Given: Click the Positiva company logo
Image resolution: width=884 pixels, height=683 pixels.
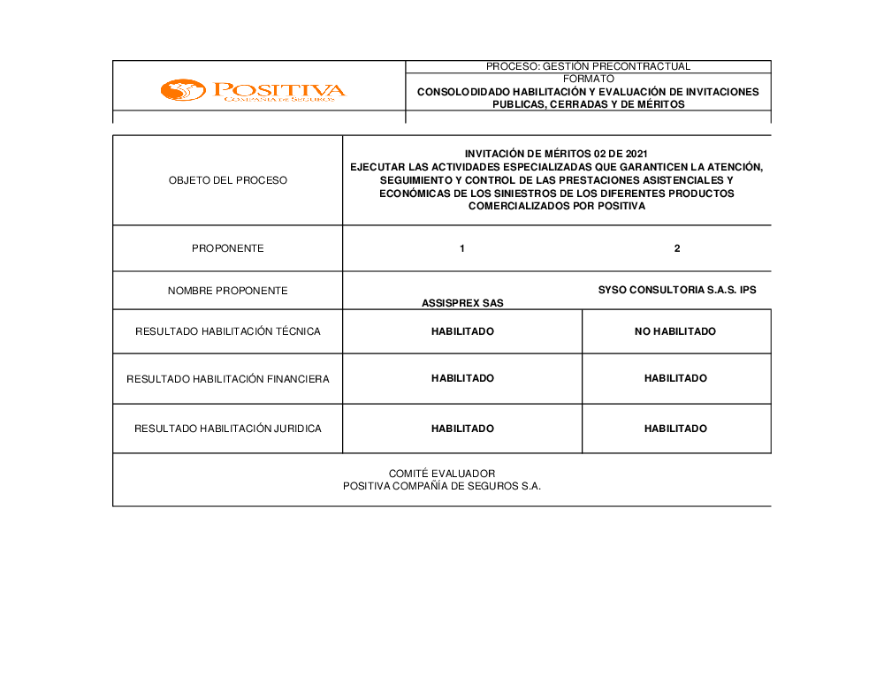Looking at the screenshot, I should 253,91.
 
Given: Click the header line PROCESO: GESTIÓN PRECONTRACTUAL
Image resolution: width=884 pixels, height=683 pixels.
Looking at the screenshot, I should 588,66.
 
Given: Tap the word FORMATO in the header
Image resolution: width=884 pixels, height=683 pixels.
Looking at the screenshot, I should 588,79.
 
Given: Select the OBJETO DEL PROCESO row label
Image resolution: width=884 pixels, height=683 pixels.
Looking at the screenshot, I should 228,180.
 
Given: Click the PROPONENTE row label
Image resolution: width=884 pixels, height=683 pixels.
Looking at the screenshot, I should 228,248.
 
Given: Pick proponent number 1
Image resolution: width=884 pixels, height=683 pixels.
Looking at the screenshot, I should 462,248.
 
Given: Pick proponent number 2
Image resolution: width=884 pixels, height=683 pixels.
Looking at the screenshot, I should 677,248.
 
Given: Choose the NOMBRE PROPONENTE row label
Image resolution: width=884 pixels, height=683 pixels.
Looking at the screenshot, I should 228,291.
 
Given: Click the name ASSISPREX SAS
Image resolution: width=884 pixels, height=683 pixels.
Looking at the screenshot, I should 462,303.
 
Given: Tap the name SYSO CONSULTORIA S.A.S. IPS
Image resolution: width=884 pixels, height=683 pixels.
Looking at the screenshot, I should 677,290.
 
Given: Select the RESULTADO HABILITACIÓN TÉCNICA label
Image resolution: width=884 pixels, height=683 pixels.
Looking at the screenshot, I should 228,331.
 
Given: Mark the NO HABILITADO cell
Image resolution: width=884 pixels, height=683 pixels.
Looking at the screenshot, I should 675,331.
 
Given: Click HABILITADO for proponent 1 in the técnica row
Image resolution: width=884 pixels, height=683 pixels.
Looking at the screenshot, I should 462,331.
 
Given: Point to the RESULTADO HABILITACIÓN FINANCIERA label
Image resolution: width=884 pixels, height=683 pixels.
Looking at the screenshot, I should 228,379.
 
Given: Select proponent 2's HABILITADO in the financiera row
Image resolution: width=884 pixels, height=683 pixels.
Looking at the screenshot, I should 675,378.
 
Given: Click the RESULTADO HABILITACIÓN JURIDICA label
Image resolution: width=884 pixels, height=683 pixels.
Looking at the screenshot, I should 228,429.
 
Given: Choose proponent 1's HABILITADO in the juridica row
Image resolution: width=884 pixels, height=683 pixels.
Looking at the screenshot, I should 462,429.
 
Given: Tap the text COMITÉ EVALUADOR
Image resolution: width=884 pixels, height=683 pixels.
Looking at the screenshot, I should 442,474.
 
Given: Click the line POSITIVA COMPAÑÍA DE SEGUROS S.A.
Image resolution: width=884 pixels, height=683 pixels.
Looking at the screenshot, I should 442,486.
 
